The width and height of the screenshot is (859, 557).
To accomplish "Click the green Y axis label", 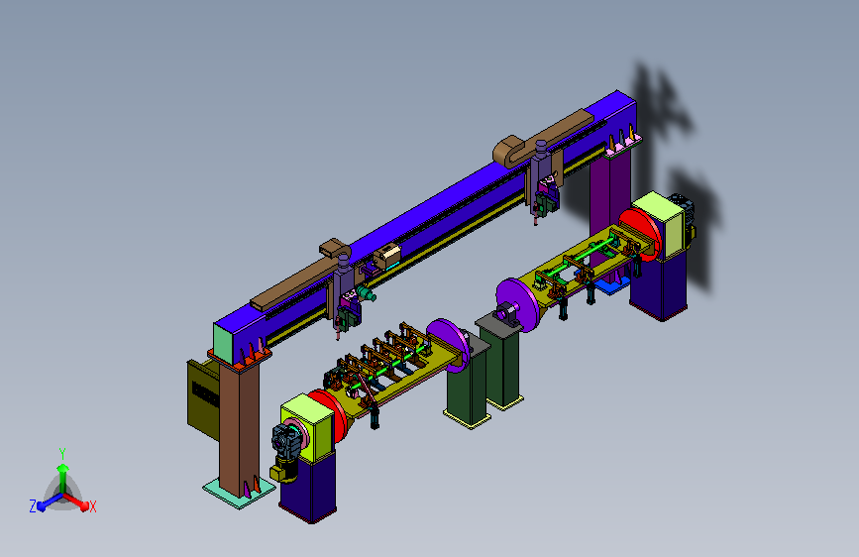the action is (62, 454).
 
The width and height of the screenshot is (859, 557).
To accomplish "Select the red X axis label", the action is (92, 507).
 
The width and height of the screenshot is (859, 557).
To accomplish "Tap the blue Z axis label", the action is (33, 506).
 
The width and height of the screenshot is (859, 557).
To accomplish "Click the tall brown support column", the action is (239, 427).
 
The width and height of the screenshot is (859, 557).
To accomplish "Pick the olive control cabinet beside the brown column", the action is (203, 399).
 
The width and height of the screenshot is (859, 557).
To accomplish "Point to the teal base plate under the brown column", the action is (239, 492).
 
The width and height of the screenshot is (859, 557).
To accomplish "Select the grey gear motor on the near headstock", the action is (287, 440).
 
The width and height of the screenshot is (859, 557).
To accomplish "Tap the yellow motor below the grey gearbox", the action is (283, 472).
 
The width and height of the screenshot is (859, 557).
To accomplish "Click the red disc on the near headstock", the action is (328, 413).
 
